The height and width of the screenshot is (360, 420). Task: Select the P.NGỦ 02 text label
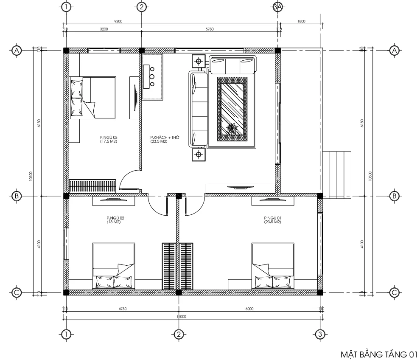click(115, 219)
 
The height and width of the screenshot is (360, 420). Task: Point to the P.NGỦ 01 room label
click(272, 219)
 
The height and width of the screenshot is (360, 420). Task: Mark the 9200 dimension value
click(113, 21)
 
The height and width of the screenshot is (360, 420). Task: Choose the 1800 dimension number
click(302, 21)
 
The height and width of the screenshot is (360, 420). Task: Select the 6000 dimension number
click(249, 309)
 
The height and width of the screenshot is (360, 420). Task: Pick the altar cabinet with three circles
click(152, 76)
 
